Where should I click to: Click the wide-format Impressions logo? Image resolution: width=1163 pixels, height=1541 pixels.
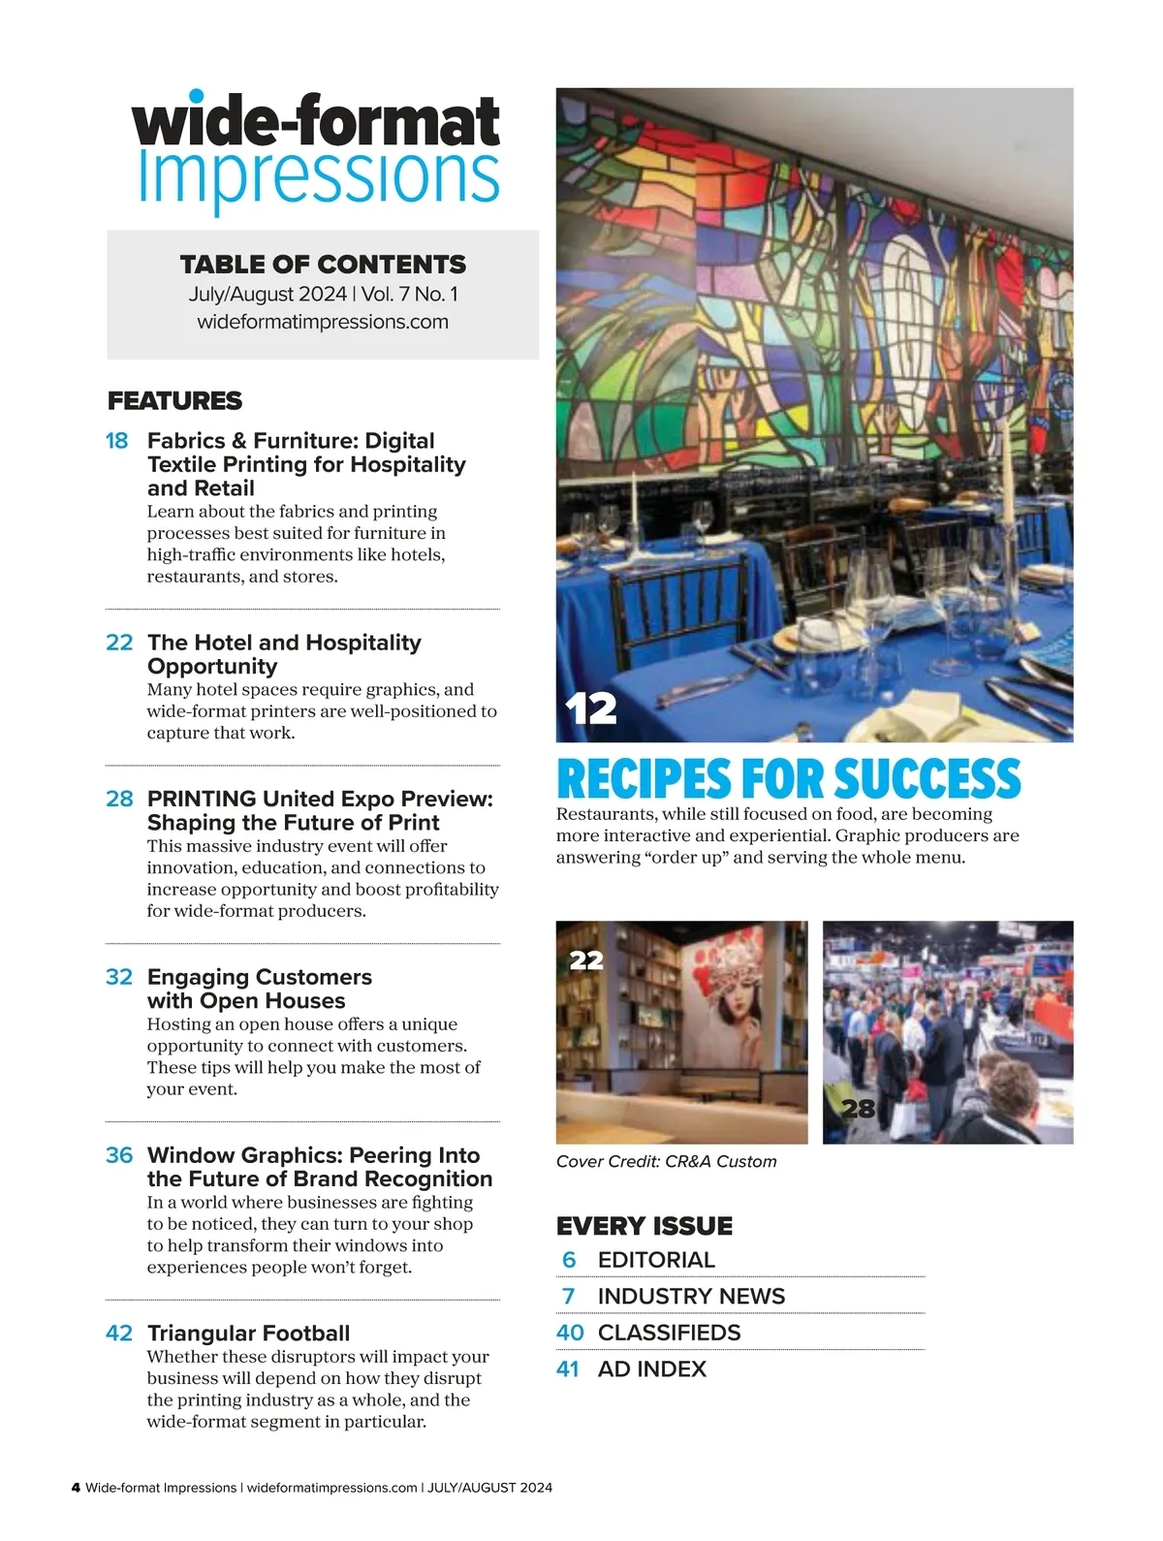point(317,150)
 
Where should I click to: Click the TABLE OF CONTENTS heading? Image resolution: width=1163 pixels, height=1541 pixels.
point(323,265)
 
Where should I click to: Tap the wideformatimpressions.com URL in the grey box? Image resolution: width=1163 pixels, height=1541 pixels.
point(323,322)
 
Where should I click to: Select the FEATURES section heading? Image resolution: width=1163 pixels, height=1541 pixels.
point(174,401)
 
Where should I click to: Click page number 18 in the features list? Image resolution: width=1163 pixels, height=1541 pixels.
point(116,441)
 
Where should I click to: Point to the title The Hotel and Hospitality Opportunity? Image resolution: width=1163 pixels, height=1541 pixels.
point(284,654)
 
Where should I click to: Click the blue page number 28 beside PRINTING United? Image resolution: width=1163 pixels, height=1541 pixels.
point(119,799)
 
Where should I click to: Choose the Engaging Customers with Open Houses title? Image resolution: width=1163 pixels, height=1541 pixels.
point(259,989)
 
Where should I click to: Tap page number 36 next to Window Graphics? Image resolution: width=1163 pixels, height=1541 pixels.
point(119,1155)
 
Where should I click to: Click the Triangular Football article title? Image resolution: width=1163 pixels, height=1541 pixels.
point(248,1334)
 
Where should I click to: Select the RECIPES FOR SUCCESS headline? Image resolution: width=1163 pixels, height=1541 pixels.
point(789,779)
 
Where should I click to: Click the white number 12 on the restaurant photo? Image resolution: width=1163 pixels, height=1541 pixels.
point(591,708)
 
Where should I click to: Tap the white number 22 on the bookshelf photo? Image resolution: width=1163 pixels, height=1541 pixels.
point(586,960)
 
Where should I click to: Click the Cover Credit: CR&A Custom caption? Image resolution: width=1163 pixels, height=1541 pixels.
point(667,1162)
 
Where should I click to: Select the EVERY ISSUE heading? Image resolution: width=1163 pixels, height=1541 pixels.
point(644,1226)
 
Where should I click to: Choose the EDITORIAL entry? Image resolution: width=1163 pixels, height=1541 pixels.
point(656,1260)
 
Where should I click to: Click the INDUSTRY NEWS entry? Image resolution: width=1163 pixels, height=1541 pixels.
point(691,1297)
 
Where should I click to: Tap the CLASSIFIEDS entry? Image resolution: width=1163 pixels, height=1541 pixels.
point(669,1333)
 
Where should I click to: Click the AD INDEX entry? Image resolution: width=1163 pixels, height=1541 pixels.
point(652,1369)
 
